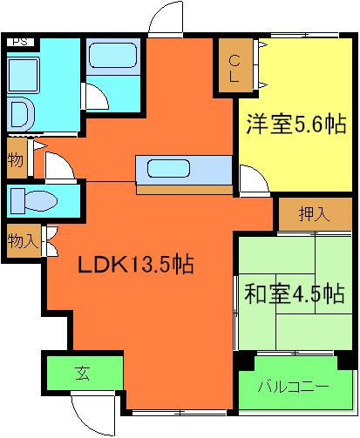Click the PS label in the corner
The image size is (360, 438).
pyautogui.click(x=19, y=40)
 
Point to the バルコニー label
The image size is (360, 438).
pyautogui.click(x=293, y=384)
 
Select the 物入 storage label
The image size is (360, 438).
pyautogui.click(x=22, y=239)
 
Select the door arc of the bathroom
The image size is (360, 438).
pyautogui.click(x=98, y=97)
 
